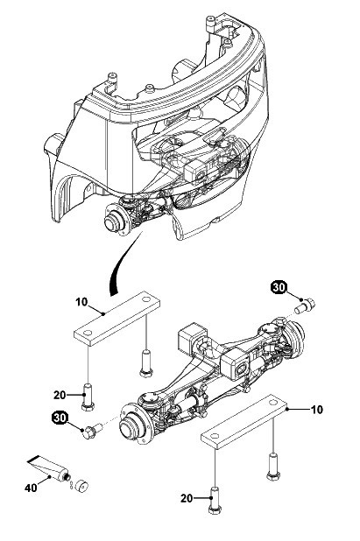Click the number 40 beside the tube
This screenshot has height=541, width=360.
coord(31,488)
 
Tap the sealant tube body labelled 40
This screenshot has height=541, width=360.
coord(48,467)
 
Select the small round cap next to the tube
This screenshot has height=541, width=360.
coord(81,486)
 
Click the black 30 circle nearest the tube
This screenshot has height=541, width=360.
coord(60,418)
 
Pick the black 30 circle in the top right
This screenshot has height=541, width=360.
coord(279,287)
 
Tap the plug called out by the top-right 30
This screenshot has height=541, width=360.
coord(305,306)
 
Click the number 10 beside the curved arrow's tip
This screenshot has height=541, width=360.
coord(81,302)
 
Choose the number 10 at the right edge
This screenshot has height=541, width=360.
coord(317,410)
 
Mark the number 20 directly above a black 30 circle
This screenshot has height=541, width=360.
coord(60,395)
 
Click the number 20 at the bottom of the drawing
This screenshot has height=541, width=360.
coord(187,498)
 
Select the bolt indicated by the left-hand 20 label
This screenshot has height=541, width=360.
coord(88,397)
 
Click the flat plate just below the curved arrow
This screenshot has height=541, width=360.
coord(117,319)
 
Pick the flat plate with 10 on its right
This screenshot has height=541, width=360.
coord(244,422)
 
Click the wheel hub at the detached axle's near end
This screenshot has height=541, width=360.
coord(134,425)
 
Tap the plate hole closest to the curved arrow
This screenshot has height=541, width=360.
coord(146,299)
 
